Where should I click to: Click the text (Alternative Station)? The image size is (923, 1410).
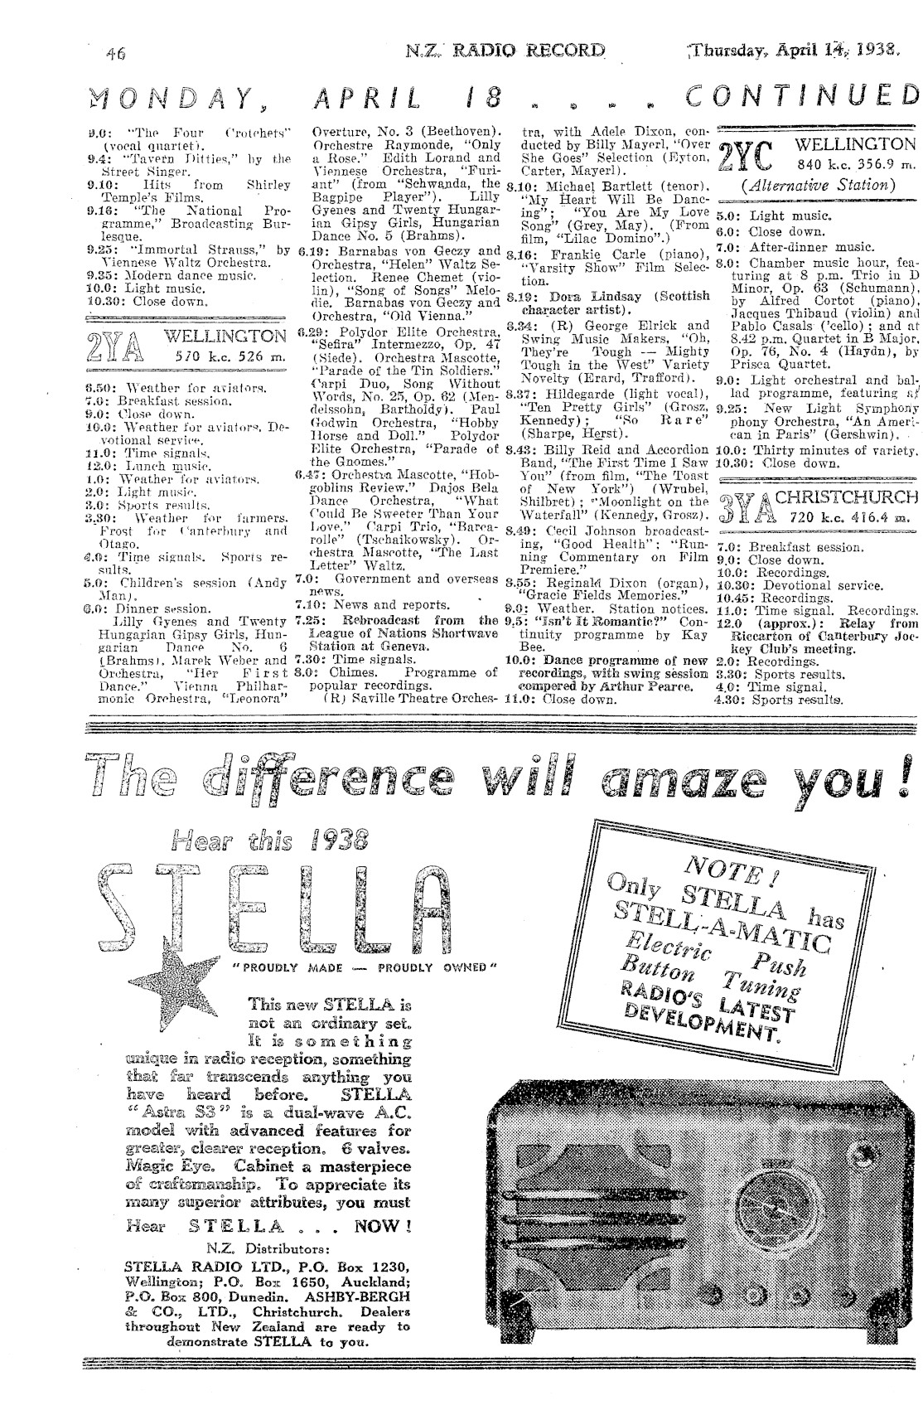tap(817, 186)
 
